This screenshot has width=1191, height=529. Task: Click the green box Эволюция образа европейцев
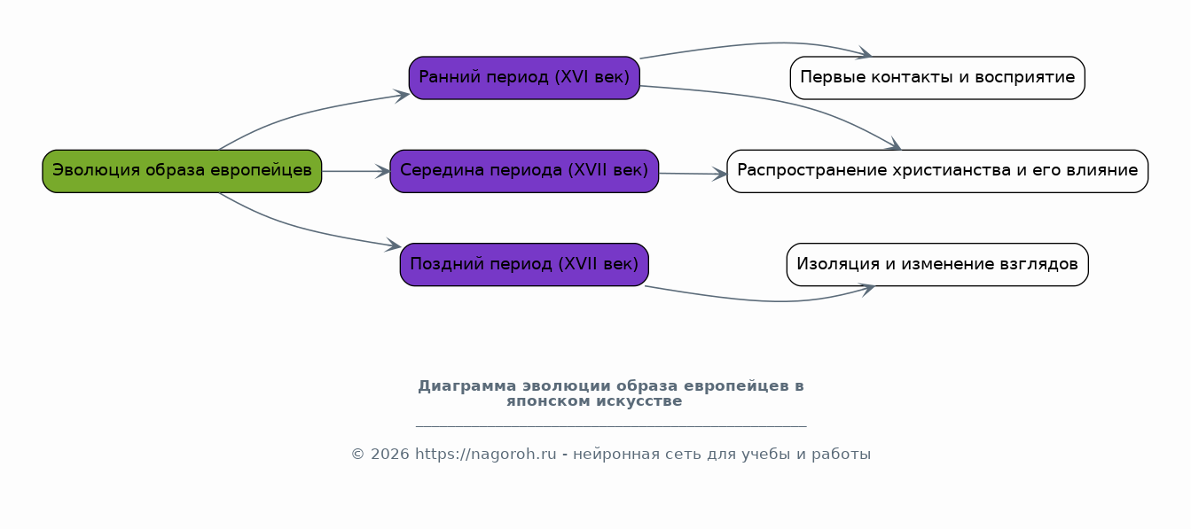pyautogui.click(x=182, y=171)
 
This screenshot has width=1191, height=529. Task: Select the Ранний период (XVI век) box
pyautogui.click(x=524, y=78)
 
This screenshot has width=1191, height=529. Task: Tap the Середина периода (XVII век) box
pyautogui.click(x=524, y=171)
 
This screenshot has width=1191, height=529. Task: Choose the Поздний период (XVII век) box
pyautogui.click(x=524, y=264)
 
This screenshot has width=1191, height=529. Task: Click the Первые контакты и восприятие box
pyautogui.click(x=937, y=78)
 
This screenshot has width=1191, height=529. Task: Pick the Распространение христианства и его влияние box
pyautogui.click(x=937, y=171)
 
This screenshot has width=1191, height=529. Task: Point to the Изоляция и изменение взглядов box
pyautogui.click(x=937, y=264)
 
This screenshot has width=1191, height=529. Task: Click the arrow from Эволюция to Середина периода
pyautogui.click(x=356, y=171)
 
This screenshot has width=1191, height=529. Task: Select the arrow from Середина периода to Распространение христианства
pyautogui.click(x=693, y=173)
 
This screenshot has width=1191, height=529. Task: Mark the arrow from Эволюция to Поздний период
pyautogui.click(x=298, y=228)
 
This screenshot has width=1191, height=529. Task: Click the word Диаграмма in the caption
pyautogui.click(x=466, y=386)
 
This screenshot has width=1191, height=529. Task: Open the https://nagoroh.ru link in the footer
pyautogui.click(x=485, y=454)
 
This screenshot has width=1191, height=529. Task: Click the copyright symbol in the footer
pyautogui.click(x=357, y=454)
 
